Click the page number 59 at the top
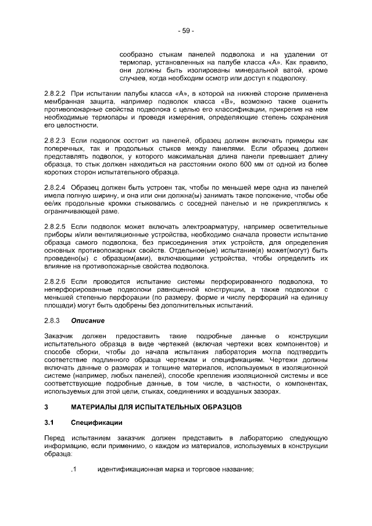[x=186, y=30]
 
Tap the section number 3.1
[x=49, y=423]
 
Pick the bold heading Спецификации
[x=96, y=423]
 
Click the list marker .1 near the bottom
[x=73, y=470]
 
